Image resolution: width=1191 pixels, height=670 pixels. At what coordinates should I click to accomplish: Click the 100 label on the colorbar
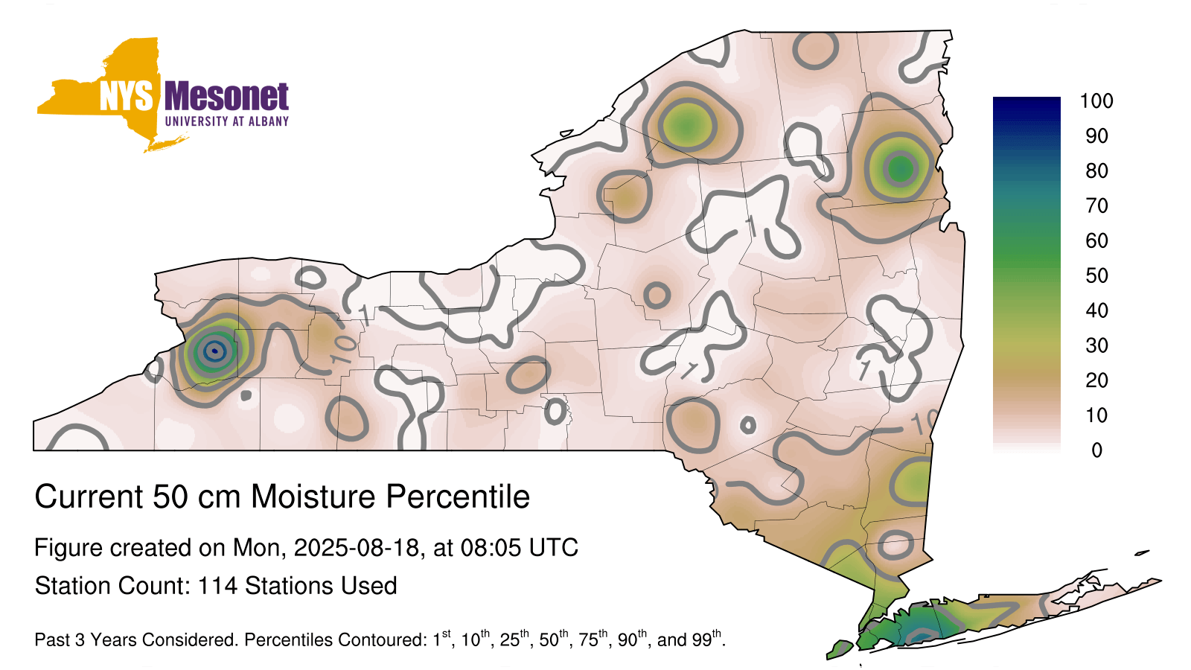coord(1096,101)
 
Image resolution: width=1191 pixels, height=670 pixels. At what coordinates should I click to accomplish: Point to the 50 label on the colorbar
coord(1096,275)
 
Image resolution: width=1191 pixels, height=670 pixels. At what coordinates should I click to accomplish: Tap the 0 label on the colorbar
coord(1097,450)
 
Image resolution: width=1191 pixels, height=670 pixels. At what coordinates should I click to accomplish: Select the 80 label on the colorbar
coord(1096,170)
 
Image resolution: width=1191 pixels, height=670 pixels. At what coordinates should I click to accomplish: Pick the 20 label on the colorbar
coord(1096,380)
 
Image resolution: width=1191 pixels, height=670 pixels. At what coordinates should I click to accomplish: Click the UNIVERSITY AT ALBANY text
coord(226,121)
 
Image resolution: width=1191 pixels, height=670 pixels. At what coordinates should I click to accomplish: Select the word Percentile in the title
coord(458,497)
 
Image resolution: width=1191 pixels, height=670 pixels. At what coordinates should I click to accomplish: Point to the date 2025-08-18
coord(357,548)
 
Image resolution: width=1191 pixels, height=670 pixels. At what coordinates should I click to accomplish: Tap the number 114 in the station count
coord(217,586)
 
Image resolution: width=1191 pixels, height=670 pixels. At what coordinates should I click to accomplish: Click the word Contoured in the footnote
coord(388,639)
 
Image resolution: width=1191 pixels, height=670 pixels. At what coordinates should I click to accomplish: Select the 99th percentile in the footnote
coord(706,638)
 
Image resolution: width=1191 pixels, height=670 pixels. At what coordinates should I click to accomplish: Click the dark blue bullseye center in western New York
coord(214,351)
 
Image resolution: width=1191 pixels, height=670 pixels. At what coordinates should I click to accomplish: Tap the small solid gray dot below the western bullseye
coord(246,395)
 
